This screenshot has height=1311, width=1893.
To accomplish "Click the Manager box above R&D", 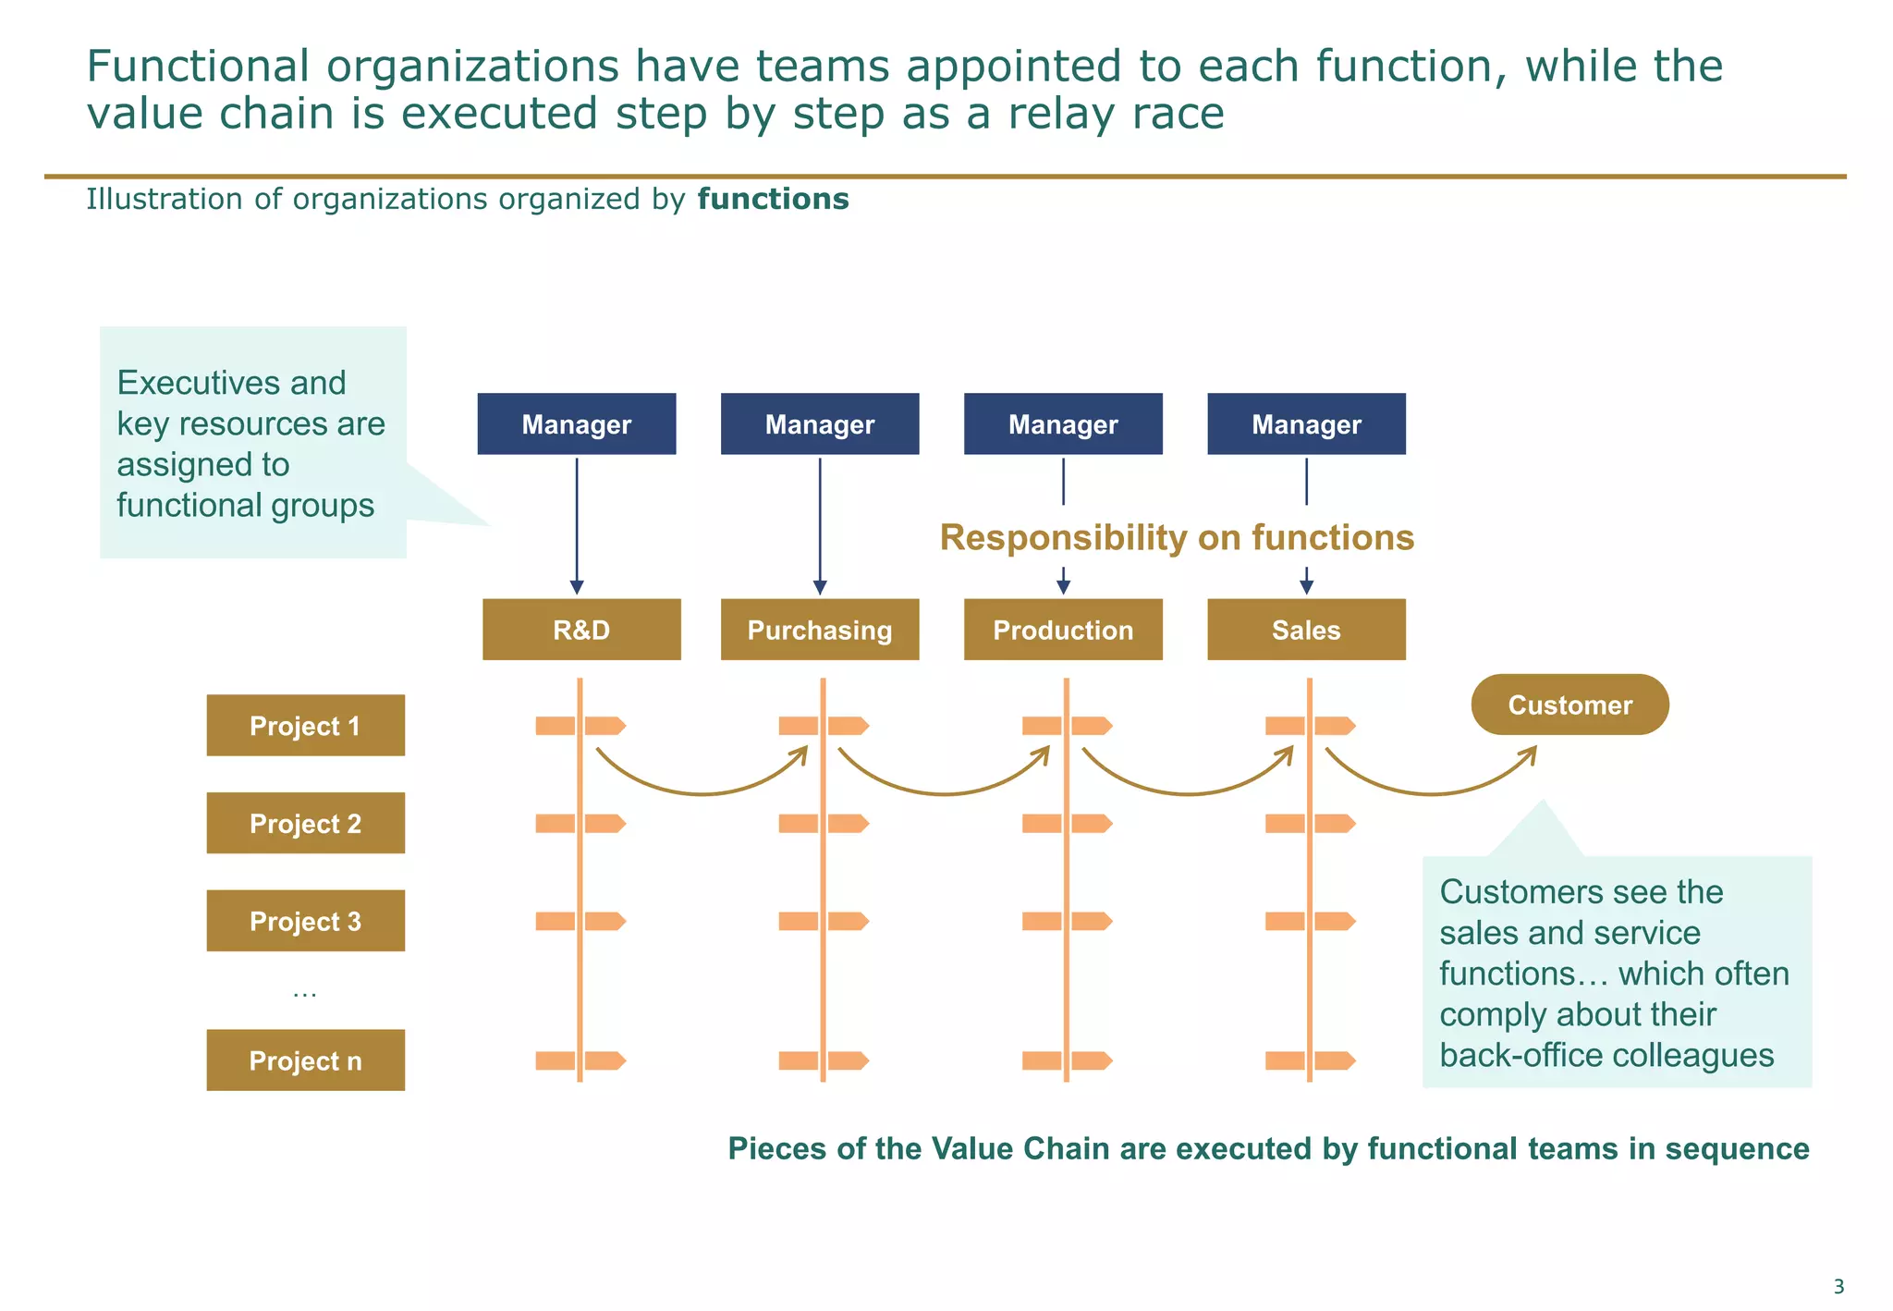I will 576,423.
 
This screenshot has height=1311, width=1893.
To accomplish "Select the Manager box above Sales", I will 1306,423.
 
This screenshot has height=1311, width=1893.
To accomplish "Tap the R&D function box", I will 581,630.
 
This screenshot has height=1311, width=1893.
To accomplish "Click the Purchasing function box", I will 820,630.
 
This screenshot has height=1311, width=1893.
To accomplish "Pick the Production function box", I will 1063,630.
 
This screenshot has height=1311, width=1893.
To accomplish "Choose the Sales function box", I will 1306,630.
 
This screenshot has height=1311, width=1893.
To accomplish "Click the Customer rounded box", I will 1569,705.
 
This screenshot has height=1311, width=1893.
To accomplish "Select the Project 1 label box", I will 305,726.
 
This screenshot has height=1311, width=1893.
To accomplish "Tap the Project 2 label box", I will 305,823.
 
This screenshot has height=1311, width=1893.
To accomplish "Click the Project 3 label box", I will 305,921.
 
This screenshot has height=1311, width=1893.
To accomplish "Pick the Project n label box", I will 305,1060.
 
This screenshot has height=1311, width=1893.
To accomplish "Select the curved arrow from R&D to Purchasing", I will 702,791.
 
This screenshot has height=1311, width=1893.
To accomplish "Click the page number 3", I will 1838,1286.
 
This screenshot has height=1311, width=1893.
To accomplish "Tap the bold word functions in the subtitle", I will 773,199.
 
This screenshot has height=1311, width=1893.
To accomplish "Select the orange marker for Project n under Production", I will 1067,1060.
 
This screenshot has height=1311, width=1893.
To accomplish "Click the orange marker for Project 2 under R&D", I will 580,823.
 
